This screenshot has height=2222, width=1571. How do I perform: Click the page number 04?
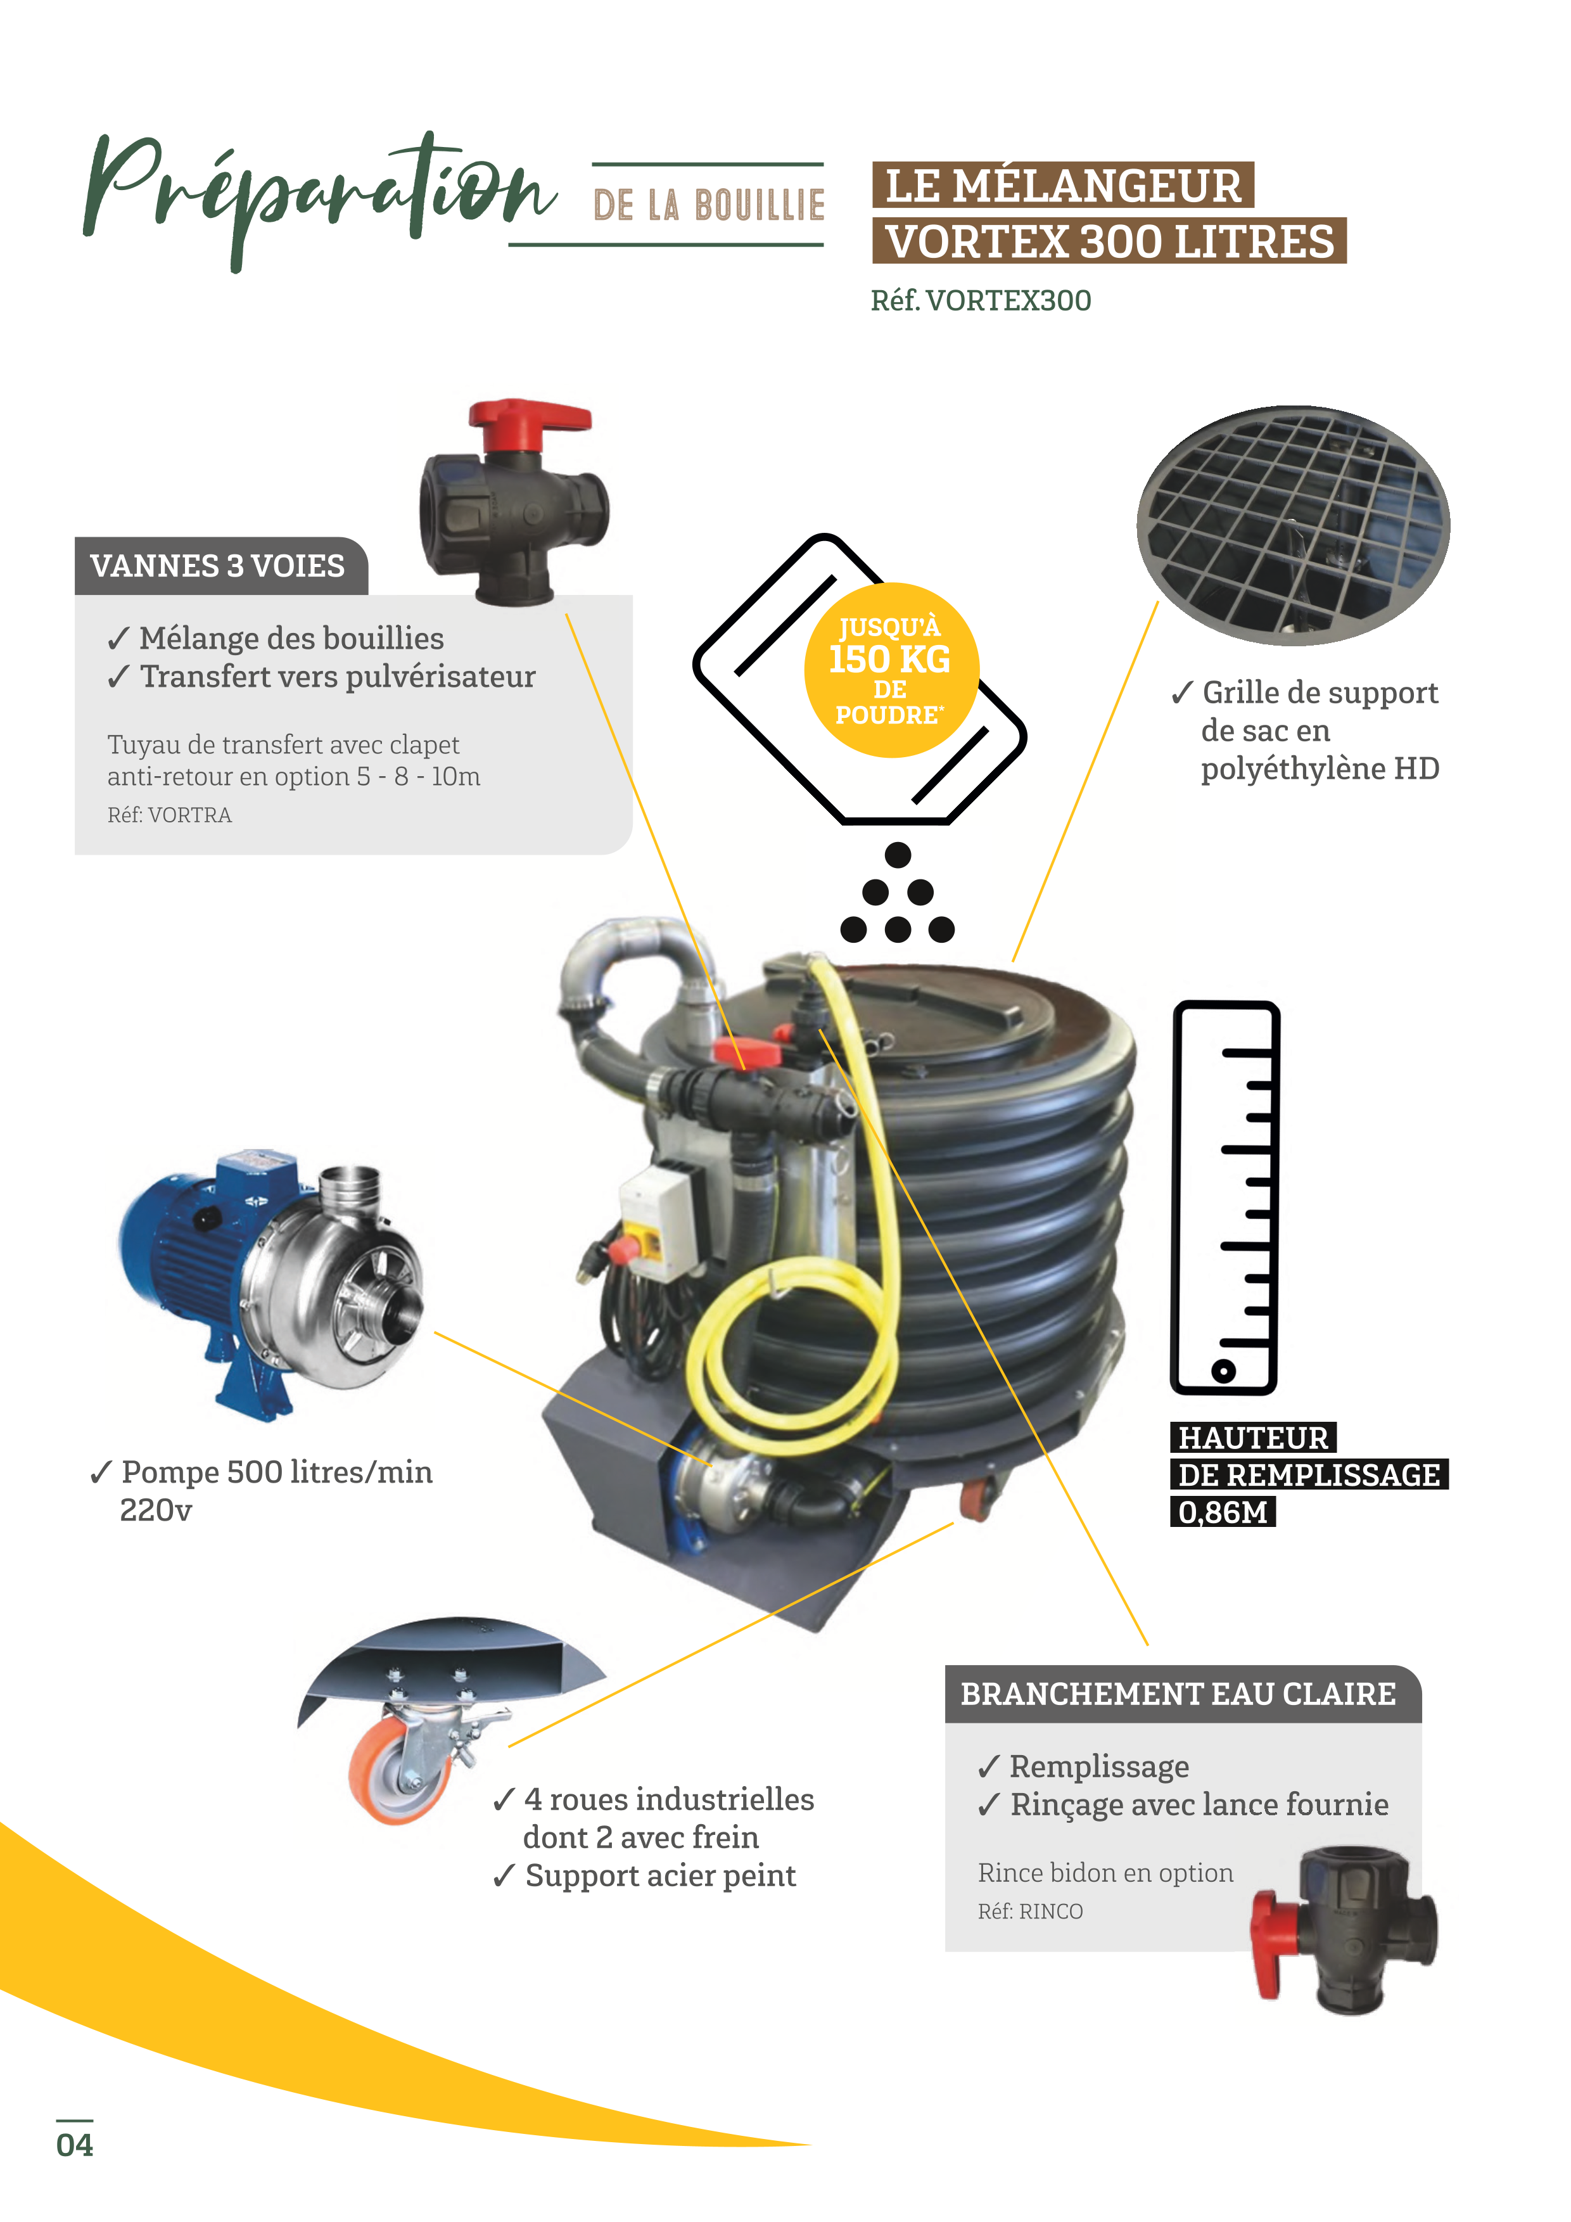pyautogui.click(x=75, y=2143)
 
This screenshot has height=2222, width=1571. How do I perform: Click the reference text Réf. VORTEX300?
pyautogui.click(x=981, y=301)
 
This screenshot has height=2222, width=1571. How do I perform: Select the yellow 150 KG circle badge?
pyautogui.click(x=891, y=670)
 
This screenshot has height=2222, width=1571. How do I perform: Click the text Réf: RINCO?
pyautogui.click(x=1030, y=1912)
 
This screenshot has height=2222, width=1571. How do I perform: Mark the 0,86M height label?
pyautogui.click(x=1223, y=1512)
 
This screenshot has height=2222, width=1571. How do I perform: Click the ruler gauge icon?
pyautogui.click(x=1224, y=1198)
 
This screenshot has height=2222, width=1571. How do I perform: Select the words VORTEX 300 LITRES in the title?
pyautogui.click(x=1110, y=241)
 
